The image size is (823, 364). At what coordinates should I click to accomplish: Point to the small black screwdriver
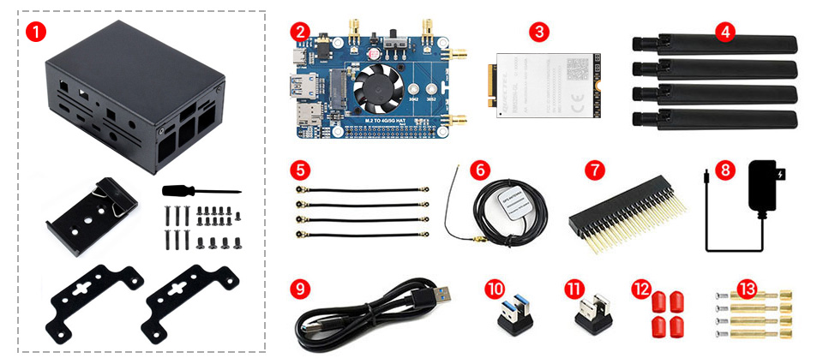click(x=199, y=192)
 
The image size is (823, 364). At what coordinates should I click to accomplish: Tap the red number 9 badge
click(x=299, y=289)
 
